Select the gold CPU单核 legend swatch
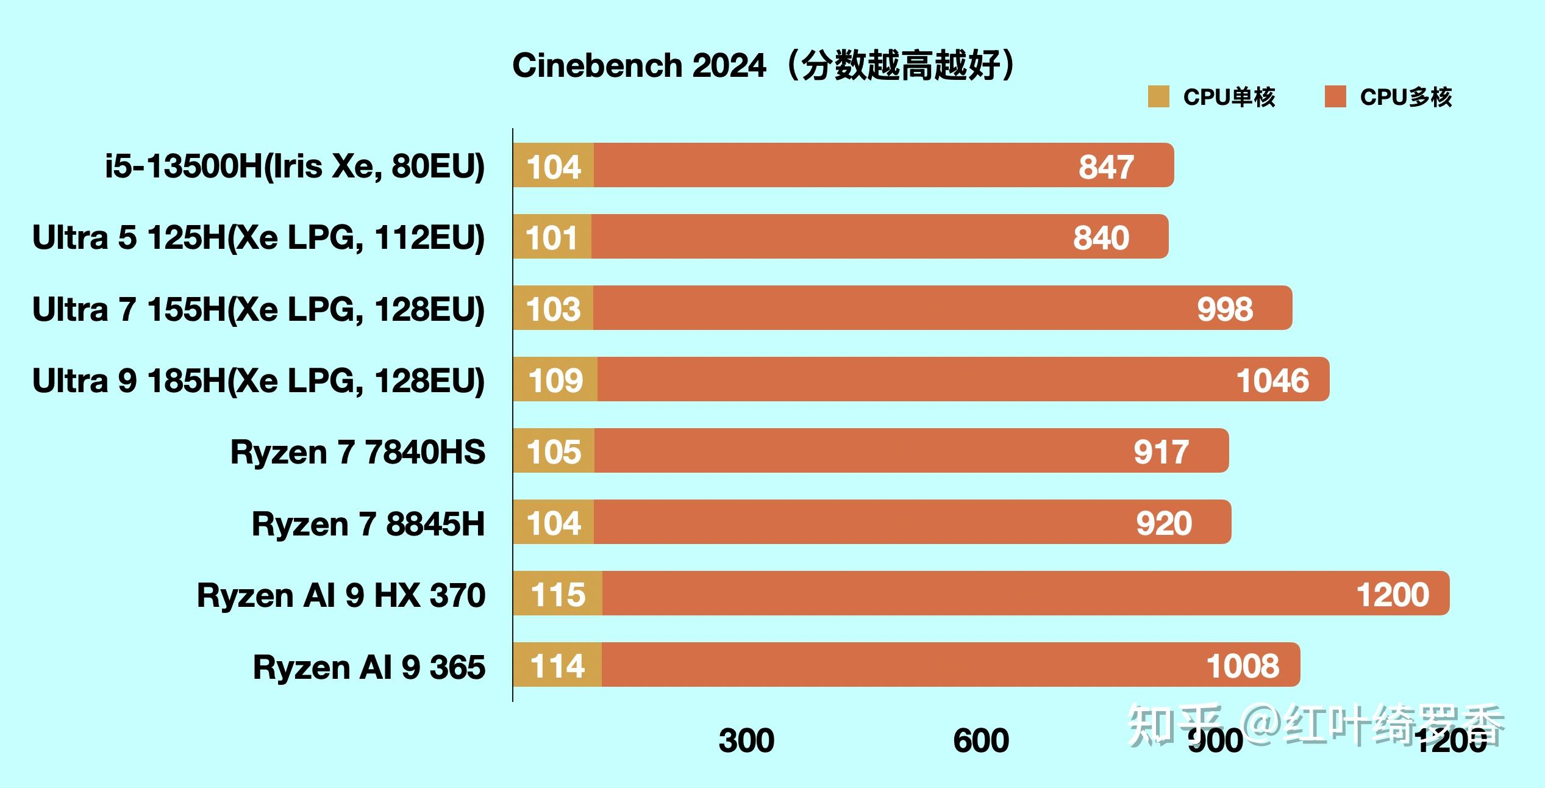(x=1158, y=97)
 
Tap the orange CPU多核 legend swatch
(x=1335, y=97)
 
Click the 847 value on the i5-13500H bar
(x=1106, y=167)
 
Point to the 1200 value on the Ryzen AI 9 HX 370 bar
(x=1393, y=595)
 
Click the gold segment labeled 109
(x=555, y=380)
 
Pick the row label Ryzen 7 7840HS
(x=358, y=452)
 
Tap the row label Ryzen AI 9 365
(x=369, y=667)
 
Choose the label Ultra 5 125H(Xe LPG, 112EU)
(x=259, y=237)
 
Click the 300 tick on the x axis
(x=746, y=740)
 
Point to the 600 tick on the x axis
(x=981, y=740)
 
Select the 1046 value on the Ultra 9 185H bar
(x=1272, y=380)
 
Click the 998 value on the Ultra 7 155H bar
(x=1225, y=309)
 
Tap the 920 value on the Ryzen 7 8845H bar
(x=1164, y=523)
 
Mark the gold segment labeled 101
(x=552, y=237)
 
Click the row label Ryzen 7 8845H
(x=368, y=523)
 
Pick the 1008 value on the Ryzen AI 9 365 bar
(x=1243, y=665)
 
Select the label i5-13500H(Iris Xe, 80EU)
(x=295, y=166)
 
